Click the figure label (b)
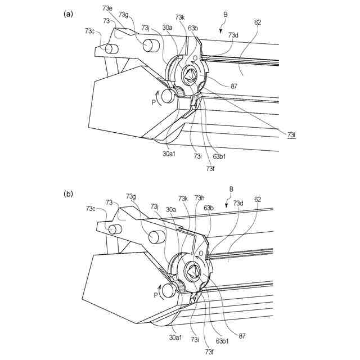click(68, 194)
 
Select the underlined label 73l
click(291, 135)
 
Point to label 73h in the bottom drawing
click(199, 198)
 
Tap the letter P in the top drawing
click(153, 102)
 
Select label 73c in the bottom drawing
click(91, 209)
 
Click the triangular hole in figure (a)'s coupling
click(190, 74)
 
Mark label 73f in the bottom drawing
click(210, 352)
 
